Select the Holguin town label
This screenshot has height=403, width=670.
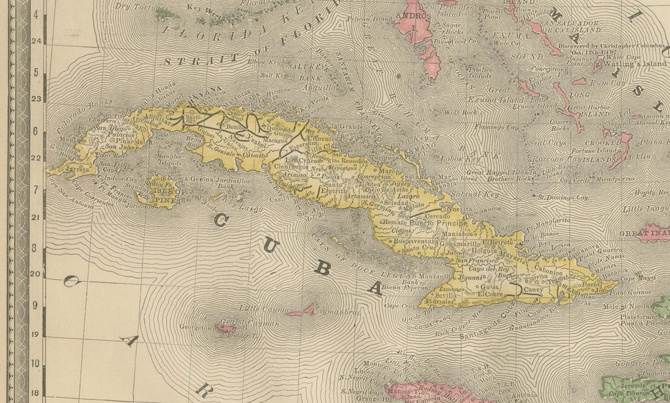[x=486, y=255]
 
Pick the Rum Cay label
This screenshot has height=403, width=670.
[x=603, y=80]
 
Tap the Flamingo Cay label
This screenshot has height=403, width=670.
[x=496, y=126]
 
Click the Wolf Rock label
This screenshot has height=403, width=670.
[x=460, y=112]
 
